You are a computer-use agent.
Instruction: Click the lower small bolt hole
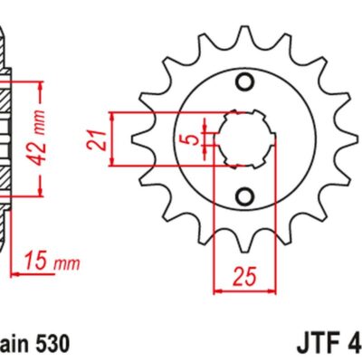click(243, 195)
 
